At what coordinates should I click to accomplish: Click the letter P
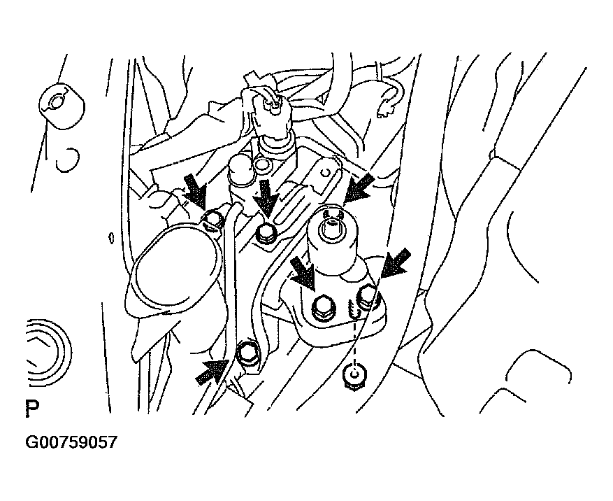32,408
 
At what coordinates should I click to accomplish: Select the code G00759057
71,442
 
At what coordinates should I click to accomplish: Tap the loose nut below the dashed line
354,376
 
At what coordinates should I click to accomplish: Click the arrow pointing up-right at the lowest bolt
212,372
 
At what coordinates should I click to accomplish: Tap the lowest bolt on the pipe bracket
247,354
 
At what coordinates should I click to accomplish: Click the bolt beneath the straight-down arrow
266,234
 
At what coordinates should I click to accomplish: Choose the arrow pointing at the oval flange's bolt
196,192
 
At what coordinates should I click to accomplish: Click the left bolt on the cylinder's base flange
322,304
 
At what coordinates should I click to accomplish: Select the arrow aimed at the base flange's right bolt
396,264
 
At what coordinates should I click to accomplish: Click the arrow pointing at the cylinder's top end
358,189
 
